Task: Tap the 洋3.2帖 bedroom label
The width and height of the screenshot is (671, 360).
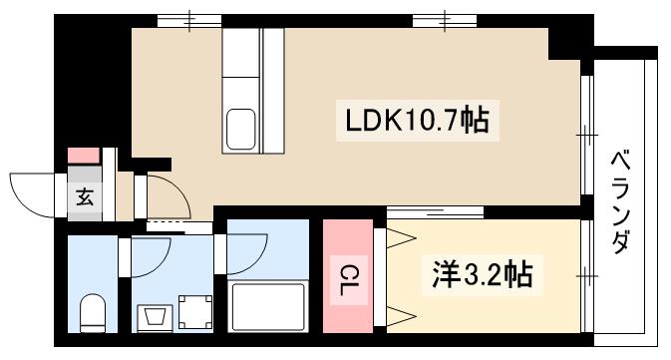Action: (482, 273)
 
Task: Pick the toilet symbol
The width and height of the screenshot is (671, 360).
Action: (92, 313)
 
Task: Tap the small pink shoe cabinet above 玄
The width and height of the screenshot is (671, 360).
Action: (84, 156)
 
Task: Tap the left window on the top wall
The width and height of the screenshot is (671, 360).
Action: (189, 19)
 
